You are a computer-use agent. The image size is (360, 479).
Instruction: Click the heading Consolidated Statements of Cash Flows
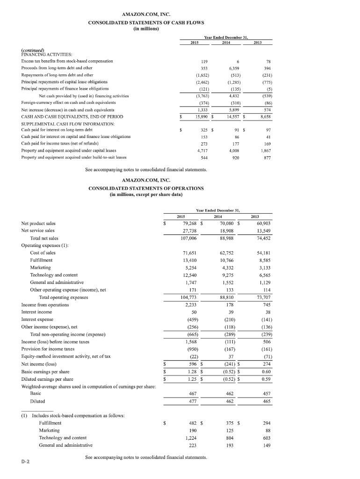[146, 22]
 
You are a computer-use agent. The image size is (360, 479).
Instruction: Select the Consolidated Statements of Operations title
[146, 188]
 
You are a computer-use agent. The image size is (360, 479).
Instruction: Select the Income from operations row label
[45, 304]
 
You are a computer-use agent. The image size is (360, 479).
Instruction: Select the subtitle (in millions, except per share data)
[146, 195]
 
